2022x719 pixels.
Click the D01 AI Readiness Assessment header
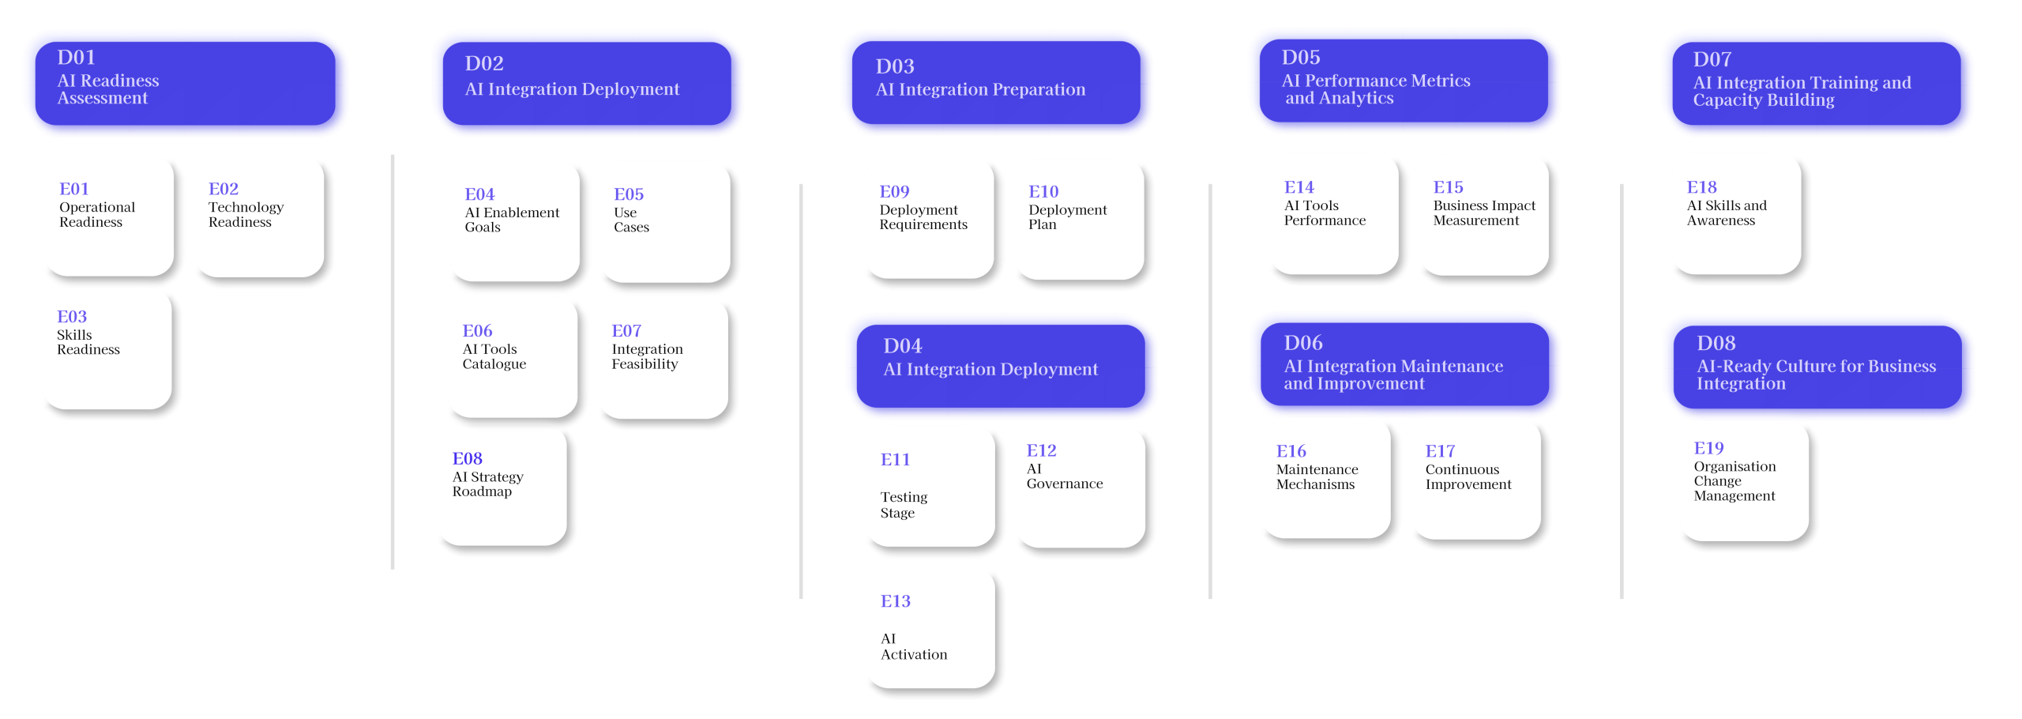pos(185,83)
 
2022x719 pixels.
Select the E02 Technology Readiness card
pos(261,217)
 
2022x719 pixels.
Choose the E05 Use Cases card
pos(666,223)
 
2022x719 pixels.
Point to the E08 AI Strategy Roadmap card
pos(504,487)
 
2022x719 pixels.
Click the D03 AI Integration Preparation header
pos(996,82)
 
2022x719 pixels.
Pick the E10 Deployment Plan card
pos(1081,220)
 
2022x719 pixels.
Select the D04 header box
pos(1001,366)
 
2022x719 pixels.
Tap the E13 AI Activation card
pos(931,630)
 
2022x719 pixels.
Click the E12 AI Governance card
pos(1081,488)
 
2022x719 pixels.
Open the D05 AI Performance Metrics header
pos(1404,81)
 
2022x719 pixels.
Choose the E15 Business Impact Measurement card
pos(1485,216)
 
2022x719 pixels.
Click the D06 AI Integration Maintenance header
pos(1404,364)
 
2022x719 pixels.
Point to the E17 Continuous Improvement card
pos(1477,480)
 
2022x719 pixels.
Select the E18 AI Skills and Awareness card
pos(1738,216)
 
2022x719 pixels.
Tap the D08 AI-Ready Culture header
pos(1817,367)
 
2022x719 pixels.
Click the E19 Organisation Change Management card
pos(1746,482)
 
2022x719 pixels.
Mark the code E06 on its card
pos(477,330)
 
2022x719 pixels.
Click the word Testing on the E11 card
pos(904,498)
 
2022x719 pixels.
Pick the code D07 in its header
pos(1712,59)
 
